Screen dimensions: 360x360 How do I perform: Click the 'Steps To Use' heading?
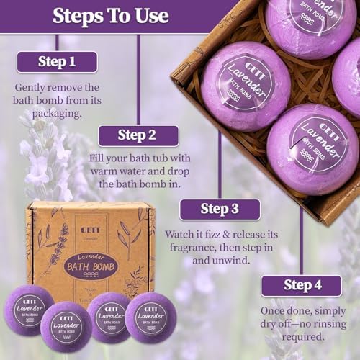pyautogui.click(x=112, y=15)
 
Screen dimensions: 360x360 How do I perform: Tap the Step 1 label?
pyautogui.click(x=56, y=62)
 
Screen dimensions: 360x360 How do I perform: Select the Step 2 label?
pyautogui.click(x=138, y=135)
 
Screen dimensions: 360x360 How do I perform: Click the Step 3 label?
pyautogui.click(x=220, y=209)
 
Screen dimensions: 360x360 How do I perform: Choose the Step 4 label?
pyautogui.click(x=301, y=286)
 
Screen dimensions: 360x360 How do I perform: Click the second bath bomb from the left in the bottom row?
pyautogui.click(x=66, y=325)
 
